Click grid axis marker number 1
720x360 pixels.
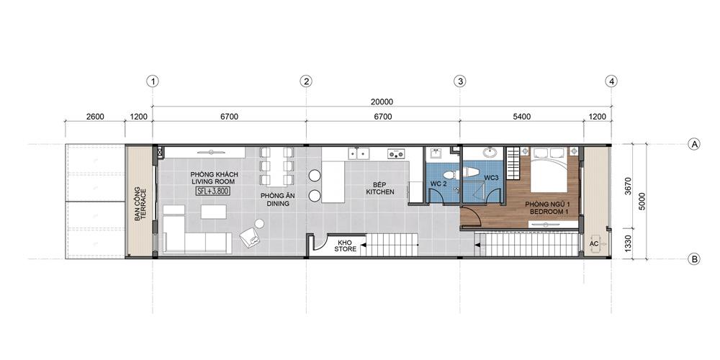pos(153,81)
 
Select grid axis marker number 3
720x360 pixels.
pos(459,81)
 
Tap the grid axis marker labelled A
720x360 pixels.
pos(694,144)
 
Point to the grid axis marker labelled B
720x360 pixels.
pos(694,259)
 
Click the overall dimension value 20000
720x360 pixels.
pos(382,102)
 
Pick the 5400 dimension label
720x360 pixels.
pos(521,117)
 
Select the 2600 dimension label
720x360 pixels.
pos(95,117)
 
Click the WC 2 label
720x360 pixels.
pos(438,184)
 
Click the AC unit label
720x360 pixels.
pos(594,244)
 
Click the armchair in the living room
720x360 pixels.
pos(251,237)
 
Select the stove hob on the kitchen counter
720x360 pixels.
pos(396,153)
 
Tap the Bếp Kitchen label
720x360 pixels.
pos(379,189)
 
